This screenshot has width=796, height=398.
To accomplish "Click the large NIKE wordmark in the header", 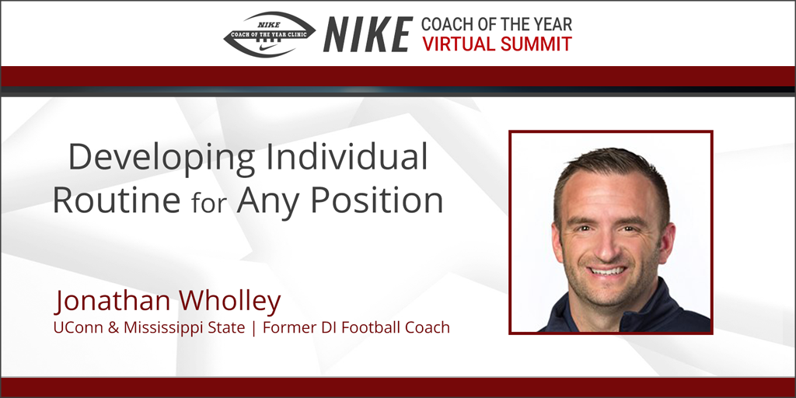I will [x=367, y=35].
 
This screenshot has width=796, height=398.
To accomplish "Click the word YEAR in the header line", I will [x=550, y=24].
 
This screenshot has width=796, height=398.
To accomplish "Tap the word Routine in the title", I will [x=116, y=201].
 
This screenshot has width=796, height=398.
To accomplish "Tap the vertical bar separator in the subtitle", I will [x=255, y=328].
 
